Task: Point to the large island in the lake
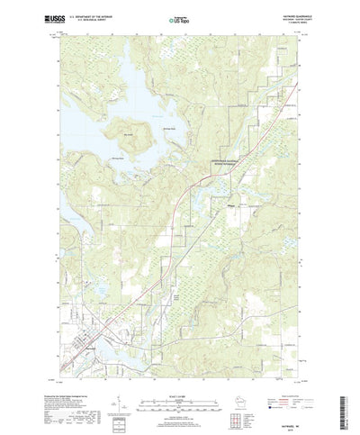[x=127, y=139]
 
